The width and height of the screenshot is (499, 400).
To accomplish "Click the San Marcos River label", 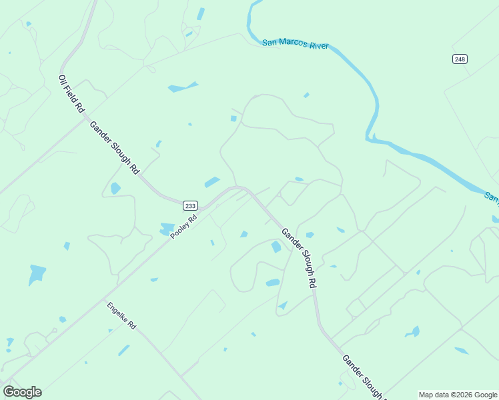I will click(x=295, y=45).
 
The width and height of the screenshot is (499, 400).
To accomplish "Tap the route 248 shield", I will click(x=460, y=59).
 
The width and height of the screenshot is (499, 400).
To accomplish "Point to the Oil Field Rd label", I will click(x=71, y=93).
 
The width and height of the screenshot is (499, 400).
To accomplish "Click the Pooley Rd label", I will click(x=183, y=227).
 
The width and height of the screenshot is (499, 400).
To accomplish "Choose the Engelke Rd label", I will click(x=121, y=316).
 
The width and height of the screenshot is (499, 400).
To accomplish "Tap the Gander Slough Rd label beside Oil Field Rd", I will click(x=114, y=149).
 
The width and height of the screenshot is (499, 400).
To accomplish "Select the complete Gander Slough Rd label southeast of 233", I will click(x=299, y=257).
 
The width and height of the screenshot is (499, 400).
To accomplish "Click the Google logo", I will click(x=22, y=392).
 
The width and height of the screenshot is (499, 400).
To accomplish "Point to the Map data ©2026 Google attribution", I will click(x=457, y=395).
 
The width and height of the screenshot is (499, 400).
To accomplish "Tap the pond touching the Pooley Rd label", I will click(x=167, y=229).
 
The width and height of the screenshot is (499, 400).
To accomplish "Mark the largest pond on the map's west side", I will click(x=37, y=273).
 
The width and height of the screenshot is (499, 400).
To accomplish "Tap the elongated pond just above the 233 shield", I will click(x=212, y=182).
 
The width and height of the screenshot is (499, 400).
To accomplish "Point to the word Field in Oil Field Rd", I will click(x=71, y=94).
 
